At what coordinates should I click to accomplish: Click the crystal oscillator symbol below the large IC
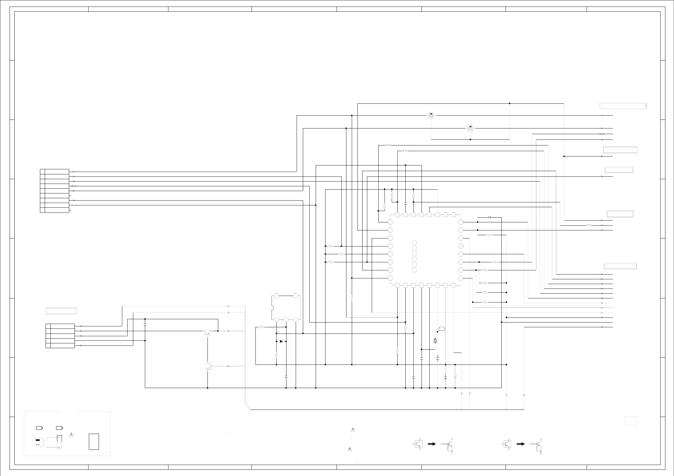[435, 340]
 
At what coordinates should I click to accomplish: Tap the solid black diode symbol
[281, 341]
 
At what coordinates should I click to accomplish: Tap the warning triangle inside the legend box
[71, 435]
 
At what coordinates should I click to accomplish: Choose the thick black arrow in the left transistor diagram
[432, 452]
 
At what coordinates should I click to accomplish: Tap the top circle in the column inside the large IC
[414, 242]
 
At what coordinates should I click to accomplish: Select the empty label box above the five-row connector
[61, 311]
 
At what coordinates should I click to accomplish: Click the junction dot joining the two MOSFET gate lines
[470, 139]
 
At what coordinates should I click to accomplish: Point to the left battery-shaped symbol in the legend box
[39, 428]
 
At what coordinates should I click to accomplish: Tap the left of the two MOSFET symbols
[431, 115]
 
